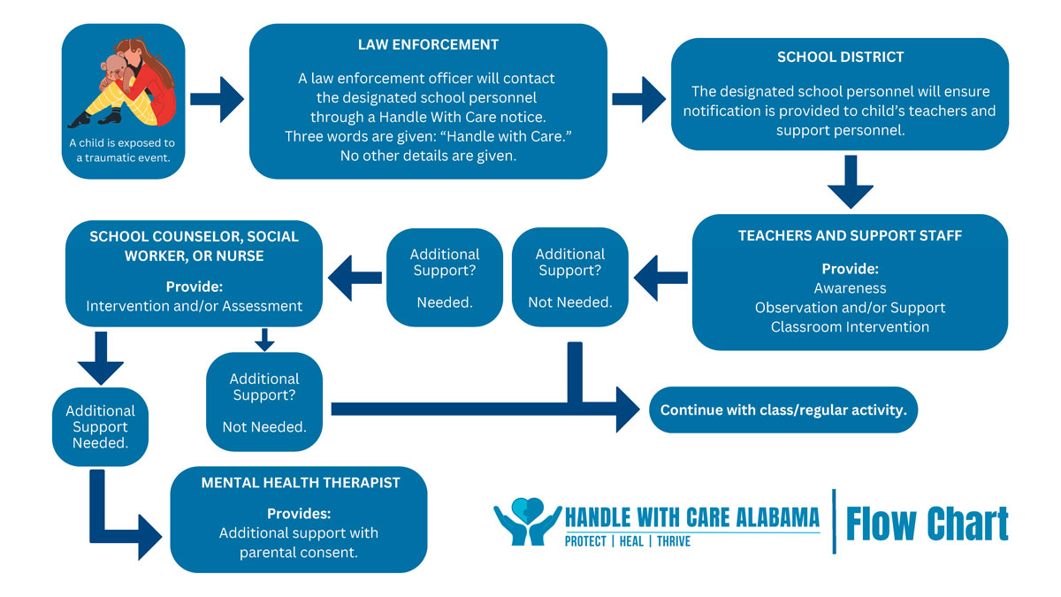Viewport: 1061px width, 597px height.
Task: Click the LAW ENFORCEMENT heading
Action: point(428,44)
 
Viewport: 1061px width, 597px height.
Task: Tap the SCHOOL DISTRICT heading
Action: point(840,57)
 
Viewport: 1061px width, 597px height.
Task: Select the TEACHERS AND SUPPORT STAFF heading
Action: point(850,236)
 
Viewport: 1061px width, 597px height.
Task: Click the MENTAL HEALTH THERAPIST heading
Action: point(301,483)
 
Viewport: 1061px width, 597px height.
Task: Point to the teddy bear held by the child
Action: point(112,75)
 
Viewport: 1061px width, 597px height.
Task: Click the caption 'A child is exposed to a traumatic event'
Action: point(122,149)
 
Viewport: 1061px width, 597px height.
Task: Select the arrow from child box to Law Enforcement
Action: point(217,98)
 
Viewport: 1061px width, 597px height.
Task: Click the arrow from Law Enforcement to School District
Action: point(638,98)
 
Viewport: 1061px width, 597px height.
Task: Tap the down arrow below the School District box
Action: point(850,182)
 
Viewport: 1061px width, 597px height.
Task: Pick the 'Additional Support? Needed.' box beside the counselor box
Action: point(444,277)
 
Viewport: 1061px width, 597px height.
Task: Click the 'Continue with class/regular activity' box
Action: point(783,410)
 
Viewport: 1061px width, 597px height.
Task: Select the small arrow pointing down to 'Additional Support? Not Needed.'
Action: point(264,340)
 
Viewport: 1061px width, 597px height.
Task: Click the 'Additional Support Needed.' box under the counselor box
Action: point(101,426)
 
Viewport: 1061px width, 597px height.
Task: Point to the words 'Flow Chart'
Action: point(927,524)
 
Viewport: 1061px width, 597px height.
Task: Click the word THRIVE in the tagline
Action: point(672,540)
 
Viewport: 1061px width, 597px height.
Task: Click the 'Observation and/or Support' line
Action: point(850,308)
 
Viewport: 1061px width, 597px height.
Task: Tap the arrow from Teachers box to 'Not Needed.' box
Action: point(660,277)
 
